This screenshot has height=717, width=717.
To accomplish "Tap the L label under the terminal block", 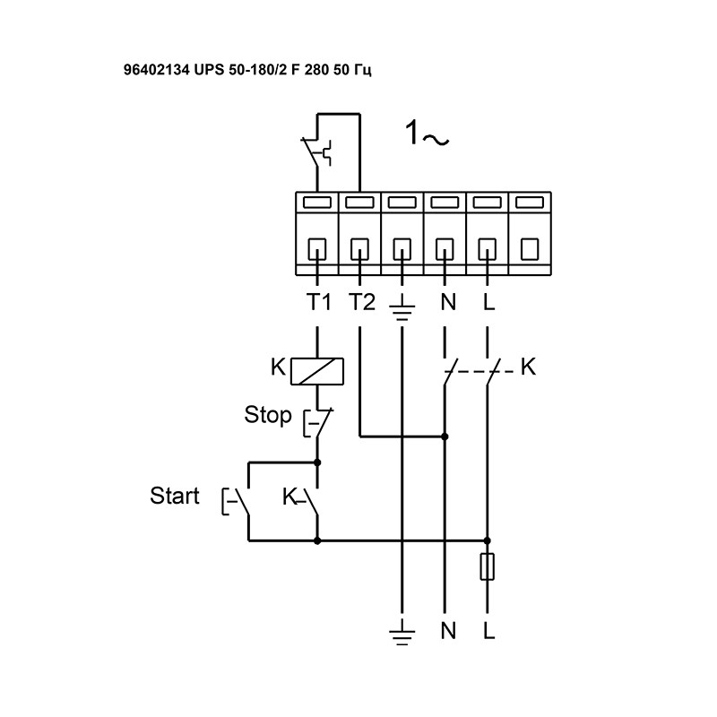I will coord(488,302).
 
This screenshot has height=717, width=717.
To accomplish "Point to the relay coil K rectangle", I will coord(319,368).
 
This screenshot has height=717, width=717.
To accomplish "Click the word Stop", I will coord(268,415).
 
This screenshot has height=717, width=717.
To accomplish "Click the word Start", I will coord(175,497).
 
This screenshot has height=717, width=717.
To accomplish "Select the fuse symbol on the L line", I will coord(488,567).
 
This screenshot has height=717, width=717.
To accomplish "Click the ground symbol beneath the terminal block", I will coord(402,309).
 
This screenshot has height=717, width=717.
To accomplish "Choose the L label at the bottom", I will coord(488,631).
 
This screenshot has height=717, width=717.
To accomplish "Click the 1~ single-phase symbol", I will coord(427,135).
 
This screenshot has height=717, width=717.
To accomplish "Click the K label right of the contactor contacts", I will coord(528,367).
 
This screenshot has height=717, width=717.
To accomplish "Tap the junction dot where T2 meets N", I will coord(445,436).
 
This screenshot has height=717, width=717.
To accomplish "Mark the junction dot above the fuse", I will coord(488,540).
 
